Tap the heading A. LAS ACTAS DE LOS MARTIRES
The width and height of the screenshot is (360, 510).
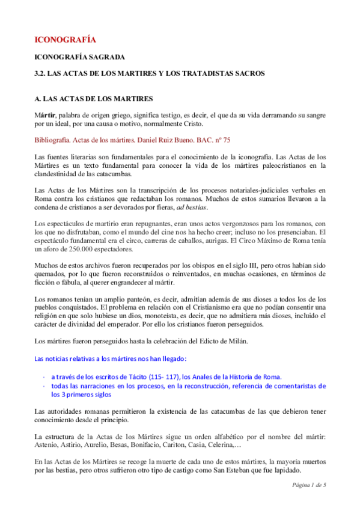[93, 98]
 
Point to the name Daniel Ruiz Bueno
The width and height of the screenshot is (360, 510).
[166, 140]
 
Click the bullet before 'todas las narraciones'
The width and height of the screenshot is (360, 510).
[44, 386]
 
